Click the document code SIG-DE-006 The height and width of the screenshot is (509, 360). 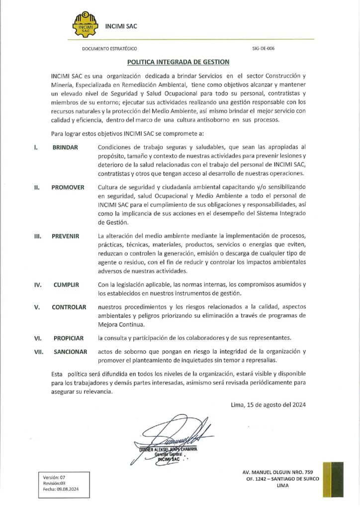click(x=264, y=49)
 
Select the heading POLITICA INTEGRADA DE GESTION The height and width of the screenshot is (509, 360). click(x=178, y=62)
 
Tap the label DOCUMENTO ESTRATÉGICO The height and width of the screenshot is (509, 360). click(x=109, y=49)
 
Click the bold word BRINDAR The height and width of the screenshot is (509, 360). click(x=65, y=148)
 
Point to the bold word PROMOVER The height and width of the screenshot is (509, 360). click(x=68, y=187)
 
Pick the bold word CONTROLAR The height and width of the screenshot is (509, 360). click(x=69, y=307)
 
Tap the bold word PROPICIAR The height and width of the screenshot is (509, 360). click(x=69, y=338)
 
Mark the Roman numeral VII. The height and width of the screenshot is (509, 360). click(x=39, y=351)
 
